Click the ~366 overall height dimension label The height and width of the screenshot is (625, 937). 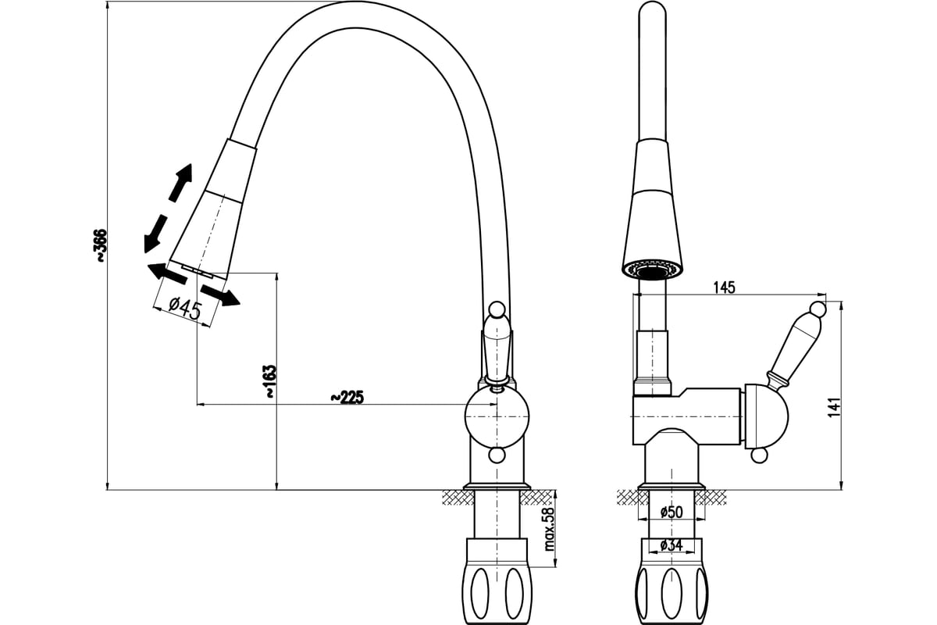[102, 246]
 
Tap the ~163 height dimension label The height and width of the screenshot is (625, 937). [271, 381]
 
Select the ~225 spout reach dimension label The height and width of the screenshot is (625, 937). [347, 398]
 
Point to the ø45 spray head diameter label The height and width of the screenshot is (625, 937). [185, 308]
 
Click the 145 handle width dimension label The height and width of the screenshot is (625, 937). [724, 287]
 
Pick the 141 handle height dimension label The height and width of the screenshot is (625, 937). [834, 407]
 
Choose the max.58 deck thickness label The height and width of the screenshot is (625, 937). [549, 529]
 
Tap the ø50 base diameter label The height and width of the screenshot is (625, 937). [672, 512]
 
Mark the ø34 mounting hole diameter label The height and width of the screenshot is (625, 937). [672, 545]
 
